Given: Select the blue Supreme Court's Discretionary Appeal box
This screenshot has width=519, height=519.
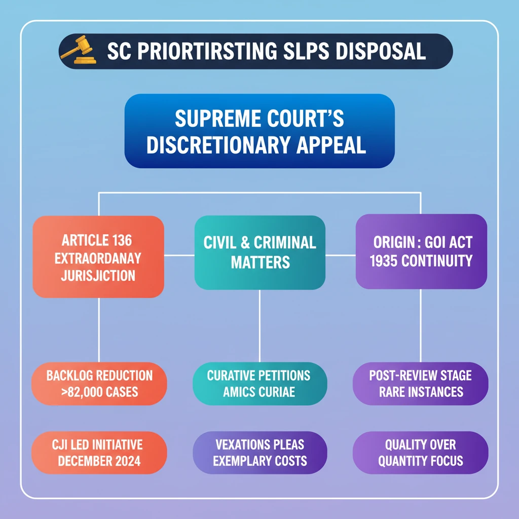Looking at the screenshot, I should [259, 131].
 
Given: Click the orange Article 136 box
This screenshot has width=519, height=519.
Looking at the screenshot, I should [98, 256].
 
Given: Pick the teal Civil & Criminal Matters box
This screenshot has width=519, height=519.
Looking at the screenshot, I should [259, 252].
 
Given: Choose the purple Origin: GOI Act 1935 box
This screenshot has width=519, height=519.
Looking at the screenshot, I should [421, 252].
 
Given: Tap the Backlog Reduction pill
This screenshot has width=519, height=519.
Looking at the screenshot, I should [99, 383].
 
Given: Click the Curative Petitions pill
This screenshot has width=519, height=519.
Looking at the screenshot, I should [259, 383].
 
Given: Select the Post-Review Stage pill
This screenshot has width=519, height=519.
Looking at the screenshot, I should [420, 383].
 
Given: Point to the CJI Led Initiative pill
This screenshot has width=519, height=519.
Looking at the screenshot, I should [99, 453].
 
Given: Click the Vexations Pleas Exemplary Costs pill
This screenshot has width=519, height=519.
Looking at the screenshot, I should [259, 453].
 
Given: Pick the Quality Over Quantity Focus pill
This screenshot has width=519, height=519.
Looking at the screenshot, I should [420, 453].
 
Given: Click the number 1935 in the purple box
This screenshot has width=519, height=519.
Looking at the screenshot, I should [388, 261].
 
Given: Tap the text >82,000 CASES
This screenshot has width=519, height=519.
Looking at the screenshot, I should [99, 392].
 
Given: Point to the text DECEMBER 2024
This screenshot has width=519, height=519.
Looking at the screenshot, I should [99, 461].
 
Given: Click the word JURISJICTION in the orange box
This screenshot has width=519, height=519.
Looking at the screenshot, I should [98, 276].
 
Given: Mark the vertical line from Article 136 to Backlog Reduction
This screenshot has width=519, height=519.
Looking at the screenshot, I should [98, 329].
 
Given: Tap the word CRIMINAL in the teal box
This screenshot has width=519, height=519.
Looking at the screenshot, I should [285, 242].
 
